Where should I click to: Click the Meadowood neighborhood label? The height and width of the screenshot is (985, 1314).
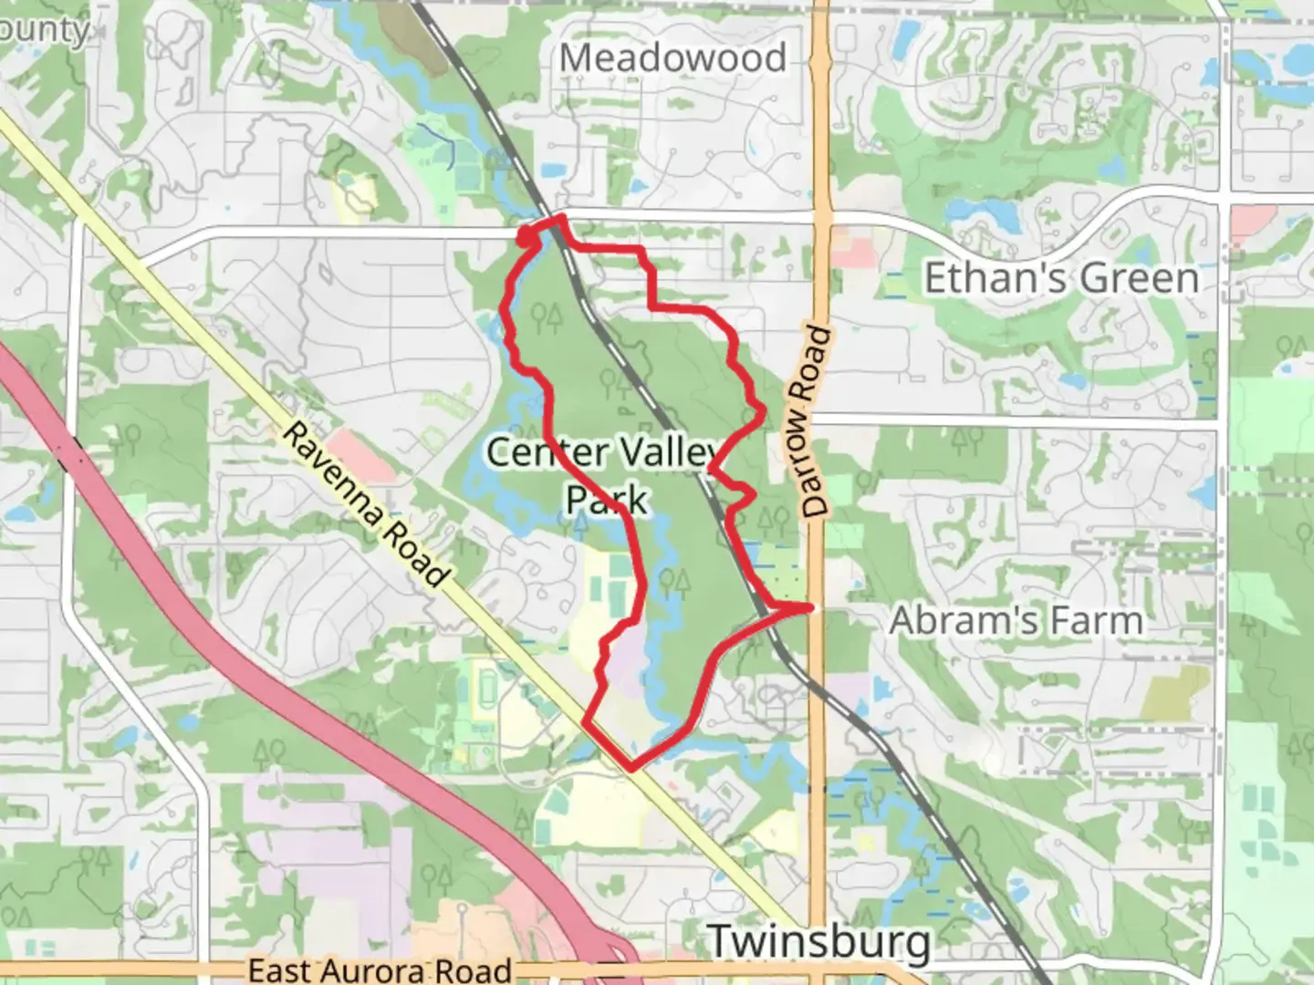[673, 59]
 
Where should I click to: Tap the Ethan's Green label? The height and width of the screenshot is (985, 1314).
[1061, 278]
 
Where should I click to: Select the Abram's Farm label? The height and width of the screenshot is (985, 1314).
[1016, 621]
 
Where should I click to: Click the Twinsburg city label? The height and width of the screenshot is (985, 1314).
[819, 941]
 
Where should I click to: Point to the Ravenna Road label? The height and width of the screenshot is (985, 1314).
[366, 503]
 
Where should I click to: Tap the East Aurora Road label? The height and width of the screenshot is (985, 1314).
[380, 969]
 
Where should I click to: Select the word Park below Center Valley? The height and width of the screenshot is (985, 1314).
[607, 500]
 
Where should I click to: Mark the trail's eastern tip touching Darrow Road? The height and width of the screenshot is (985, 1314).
[809, 607]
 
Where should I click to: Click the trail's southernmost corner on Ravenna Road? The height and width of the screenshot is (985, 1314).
[631, 768]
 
